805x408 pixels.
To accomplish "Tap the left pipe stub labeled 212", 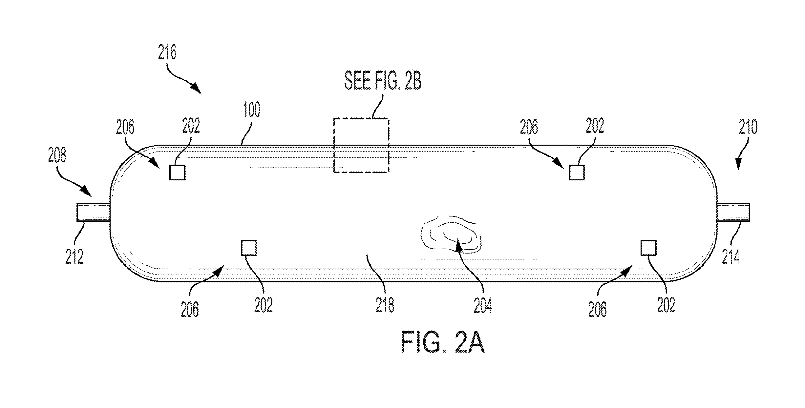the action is [93, 213].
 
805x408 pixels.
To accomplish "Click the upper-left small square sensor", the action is [177, 172].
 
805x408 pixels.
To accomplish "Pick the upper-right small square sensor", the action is [577, 172].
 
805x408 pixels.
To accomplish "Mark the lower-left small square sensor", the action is [249, 248].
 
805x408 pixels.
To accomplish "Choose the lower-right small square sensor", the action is [649, 248].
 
